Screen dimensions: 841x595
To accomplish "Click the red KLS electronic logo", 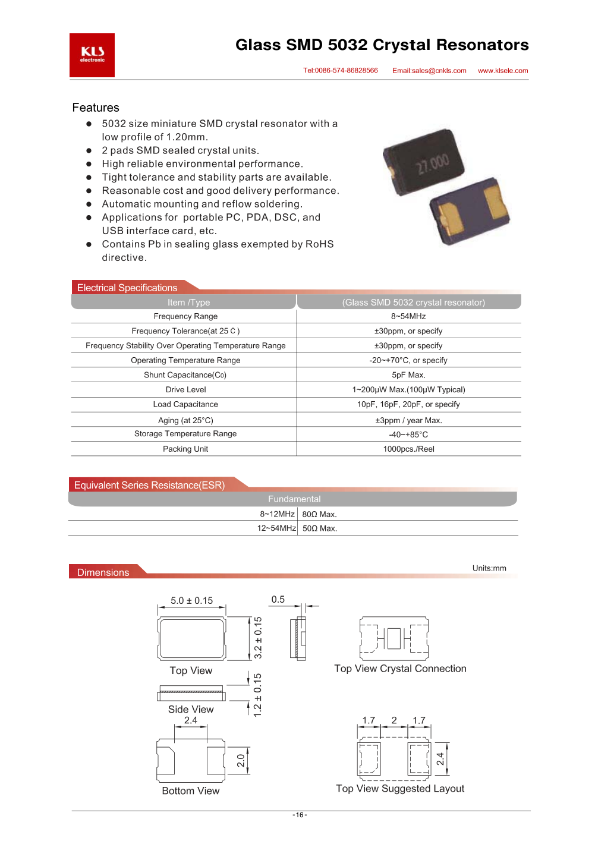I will (x=92, y=55).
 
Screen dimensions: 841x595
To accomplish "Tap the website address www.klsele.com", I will (x=503, y=71).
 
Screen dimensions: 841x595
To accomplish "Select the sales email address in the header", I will (x=429, y=71).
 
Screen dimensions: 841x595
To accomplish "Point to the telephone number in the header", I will (x=341, y=70).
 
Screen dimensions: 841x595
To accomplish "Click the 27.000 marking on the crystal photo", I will (x=432, y=163).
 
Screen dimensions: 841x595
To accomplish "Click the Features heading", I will (x=96, y=108).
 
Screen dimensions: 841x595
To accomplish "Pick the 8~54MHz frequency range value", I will (x=408, y=316).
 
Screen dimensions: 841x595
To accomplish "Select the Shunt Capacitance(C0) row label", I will (x=185, y=375).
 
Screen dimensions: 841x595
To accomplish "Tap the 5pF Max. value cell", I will (x=408, y=375).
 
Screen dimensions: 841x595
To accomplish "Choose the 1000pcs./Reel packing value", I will (x=408, y=449).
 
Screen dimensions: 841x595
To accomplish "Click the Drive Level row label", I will (x=185, y=390).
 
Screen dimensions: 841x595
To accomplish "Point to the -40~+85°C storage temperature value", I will (x=408, y=434).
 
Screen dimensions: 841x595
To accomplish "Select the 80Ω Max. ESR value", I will (x=319, y=514).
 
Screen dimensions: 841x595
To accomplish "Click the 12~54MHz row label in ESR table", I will (x=276, y=528).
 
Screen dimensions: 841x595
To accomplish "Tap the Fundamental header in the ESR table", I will (x=294, y=499).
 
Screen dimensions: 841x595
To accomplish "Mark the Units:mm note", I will (x=489, y=568).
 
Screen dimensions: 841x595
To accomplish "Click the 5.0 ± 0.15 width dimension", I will (x=191, y=600).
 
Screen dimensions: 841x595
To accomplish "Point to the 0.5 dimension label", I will (x=278, y=599).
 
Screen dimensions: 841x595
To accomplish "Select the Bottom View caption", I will (x=191, y=790).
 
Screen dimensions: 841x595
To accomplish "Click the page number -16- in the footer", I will (x=300, y=815).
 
